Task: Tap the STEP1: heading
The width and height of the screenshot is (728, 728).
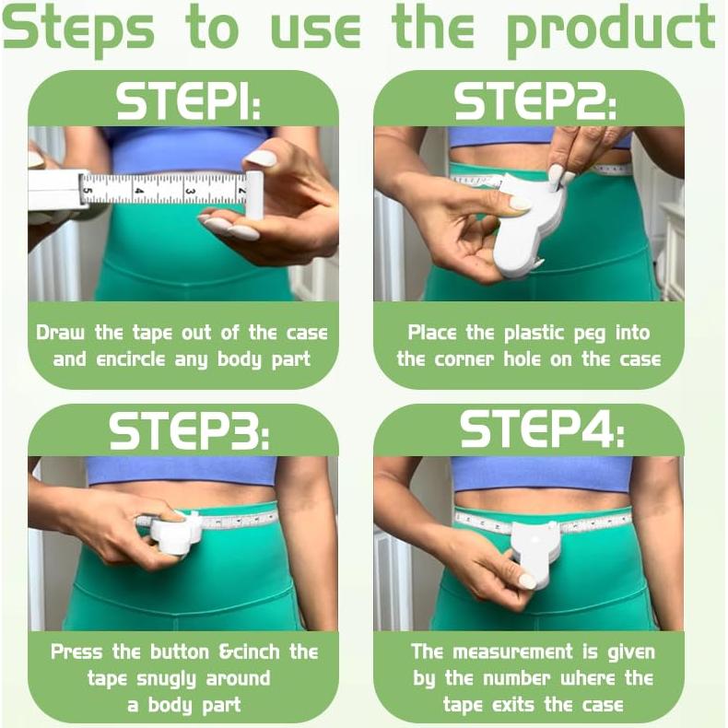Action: [188, 101]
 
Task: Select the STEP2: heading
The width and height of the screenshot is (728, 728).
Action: [534, 101]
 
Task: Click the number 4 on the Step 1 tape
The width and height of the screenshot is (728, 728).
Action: [139, 190]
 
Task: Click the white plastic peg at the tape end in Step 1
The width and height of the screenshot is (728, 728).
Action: [254, 195]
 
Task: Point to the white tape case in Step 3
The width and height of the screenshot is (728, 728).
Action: [174, 533]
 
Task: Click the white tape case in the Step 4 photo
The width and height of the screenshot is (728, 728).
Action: [535, 552]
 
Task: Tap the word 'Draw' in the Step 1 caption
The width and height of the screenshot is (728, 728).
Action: [60, 333]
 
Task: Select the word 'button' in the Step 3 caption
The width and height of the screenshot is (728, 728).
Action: [179, 652]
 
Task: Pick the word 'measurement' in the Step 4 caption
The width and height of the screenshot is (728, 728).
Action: [512, 652]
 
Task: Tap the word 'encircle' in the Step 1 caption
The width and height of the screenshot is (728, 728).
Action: [131, 359]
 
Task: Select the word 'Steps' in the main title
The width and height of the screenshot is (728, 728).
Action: [78, 29]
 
